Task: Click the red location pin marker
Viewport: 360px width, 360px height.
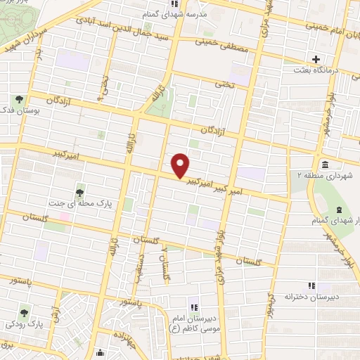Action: pos(181,165)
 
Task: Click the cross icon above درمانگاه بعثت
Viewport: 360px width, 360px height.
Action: pos(316,59)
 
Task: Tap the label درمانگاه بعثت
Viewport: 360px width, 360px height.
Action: pos(318,70)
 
